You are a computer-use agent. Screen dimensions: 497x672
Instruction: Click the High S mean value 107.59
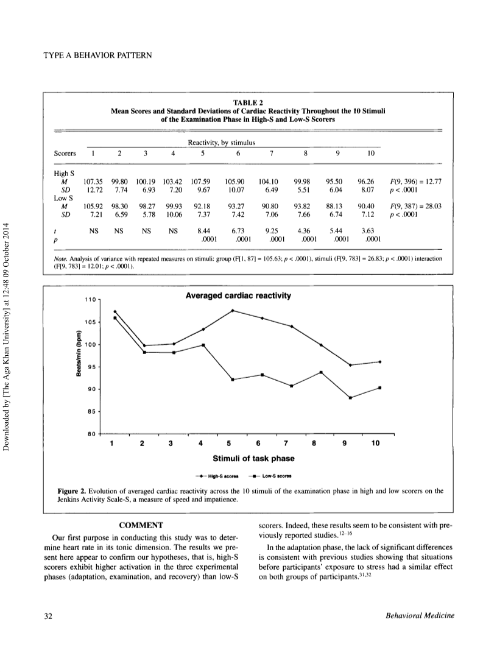[200, 182]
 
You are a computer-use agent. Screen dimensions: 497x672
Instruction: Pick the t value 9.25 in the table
[272, 230]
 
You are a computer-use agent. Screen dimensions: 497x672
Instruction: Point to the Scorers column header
[65, 154]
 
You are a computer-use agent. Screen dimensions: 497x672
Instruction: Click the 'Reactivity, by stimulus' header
[222, 143]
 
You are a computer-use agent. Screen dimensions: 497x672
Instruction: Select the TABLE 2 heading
[248, 102]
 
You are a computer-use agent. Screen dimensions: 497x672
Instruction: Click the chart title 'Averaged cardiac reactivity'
[238, 295]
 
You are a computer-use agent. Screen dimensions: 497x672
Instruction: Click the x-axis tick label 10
[375, 443]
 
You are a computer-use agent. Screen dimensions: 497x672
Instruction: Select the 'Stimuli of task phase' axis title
[253, 459]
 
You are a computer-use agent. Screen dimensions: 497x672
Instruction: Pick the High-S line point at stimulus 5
[232, 310]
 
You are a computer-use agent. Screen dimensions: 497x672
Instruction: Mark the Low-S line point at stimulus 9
[350, 398]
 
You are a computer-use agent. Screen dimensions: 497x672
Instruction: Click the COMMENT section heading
[141, 525]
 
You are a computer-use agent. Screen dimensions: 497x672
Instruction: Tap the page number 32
[48, 616]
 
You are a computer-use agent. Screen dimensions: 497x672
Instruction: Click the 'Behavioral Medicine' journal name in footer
[420, 616]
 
